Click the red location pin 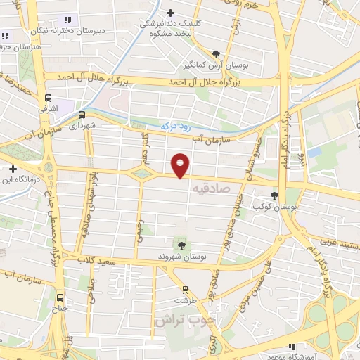click(181, 165)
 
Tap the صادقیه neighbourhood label click(209, 188)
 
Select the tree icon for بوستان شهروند click(181, 245)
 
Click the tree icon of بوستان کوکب click(274, 196)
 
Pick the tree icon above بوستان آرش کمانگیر click(216, 54)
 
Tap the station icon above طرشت click(185, 290)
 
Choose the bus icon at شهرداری click(82, 115)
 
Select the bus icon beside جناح click(60, 297)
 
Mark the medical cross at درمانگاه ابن click(13, 169)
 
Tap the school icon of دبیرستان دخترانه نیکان click(67, 20)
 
